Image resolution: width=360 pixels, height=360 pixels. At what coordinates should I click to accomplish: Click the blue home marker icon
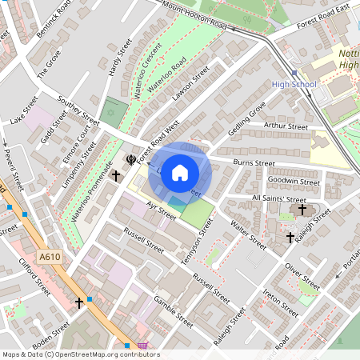180,172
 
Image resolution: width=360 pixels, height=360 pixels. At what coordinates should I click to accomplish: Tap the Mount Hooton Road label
194,16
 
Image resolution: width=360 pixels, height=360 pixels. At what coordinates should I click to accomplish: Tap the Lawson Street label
190,85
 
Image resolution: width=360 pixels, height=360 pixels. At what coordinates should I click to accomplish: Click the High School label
294,84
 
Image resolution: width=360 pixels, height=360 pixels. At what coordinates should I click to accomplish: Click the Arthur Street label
286,126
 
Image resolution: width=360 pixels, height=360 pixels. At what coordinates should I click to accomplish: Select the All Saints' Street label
278,198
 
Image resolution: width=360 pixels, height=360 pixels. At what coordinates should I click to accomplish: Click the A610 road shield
50,257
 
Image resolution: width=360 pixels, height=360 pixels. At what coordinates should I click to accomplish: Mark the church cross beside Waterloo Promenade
116,174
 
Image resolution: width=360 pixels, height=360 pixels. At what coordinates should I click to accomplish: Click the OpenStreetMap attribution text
80,354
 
